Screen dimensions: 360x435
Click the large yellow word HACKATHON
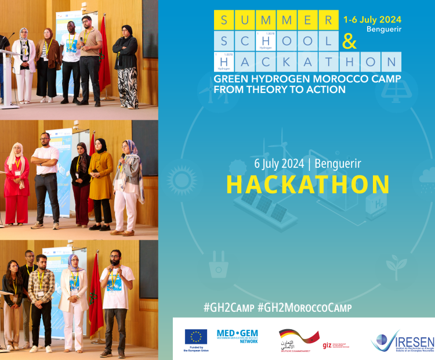point(308,184)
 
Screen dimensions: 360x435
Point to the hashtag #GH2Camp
point(229,306)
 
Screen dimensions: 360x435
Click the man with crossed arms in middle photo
point(46,177)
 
